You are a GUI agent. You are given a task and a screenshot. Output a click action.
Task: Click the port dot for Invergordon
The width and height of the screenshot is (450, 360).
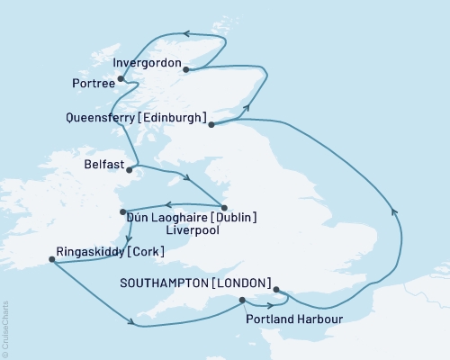pos(185,69)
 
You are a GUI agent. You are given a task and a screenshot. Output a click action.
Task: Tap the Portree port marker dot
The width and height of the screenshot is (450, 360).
pos(121,79)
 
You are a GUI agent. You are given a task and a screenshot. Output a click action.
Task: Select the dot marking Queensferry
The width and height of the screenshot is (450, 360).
pos(212,125)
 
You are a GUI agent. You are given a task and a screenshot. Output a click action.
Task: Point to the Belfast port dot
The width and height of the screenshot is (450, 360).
pos(130,168)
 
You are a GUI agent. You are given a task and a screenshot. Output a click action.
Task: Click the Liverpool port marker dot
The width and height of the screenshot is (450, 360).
pos(225,206)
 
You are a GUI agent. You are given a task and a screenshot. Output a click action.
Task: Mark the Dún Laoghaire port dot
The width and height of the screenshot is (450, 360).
pos(123,212)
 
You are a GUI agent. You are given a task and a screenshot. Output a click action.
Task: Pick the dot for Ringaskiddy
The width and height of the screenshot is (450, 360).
pos(50,260)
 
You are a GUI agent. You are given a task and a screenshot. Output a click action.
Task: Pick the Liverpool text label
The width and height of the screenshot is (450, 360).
pos(205,231)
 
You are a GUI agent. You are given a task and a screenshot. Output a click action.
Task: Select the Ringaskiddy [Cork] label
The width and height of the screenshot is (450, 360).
pos(110,251)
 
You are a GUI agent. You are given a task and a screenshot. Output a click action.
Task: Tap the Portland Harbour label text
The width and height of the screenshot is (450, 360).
pos(288,318)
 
